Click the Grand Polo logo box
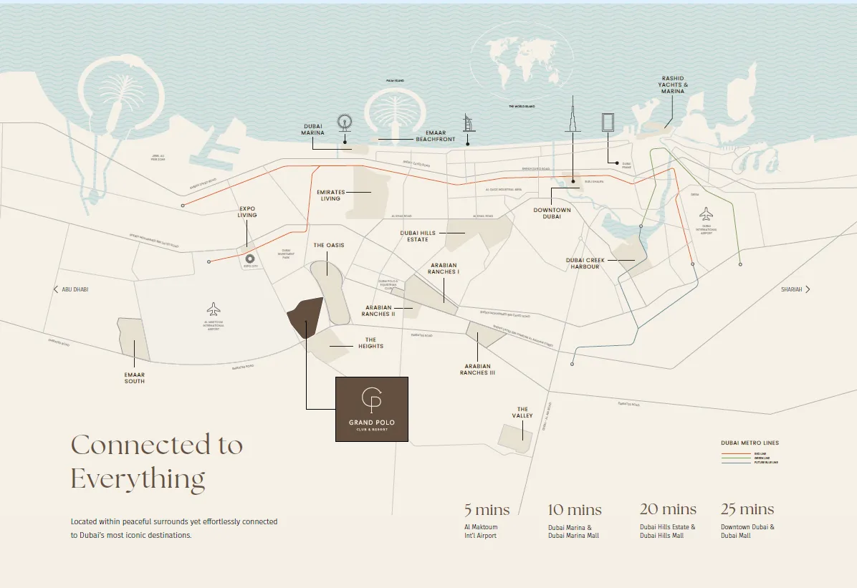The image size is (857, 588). (372, 409)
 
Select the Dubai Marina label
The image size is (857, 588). (312, 129)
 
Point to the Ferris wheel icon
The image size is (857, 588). (345, 123)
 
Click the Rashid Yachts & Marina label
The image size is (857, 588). (673, 85)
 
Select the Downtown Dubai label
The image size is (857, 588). (552, 213)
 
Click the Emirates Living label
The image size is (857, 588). (330, 195)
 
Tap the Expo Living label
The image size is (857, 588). (247, 212)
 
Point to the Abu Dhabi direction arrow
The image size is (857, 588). (56, 289)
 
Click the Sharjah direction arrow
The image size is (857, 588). (808, 289)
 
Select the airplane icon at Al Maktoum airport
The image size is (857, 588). (214, 309)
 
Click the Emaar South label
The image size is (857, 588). (134, 377)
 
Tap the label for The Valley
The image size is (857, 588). (523, 413)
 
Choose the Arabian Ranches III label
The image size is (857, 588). (478, 370)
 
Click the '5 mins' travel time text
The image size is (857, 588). (487, 510)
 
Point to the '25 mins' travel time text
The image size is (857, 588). (747, 510)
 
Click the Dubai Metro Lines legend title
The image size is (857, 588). (750, 443)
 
